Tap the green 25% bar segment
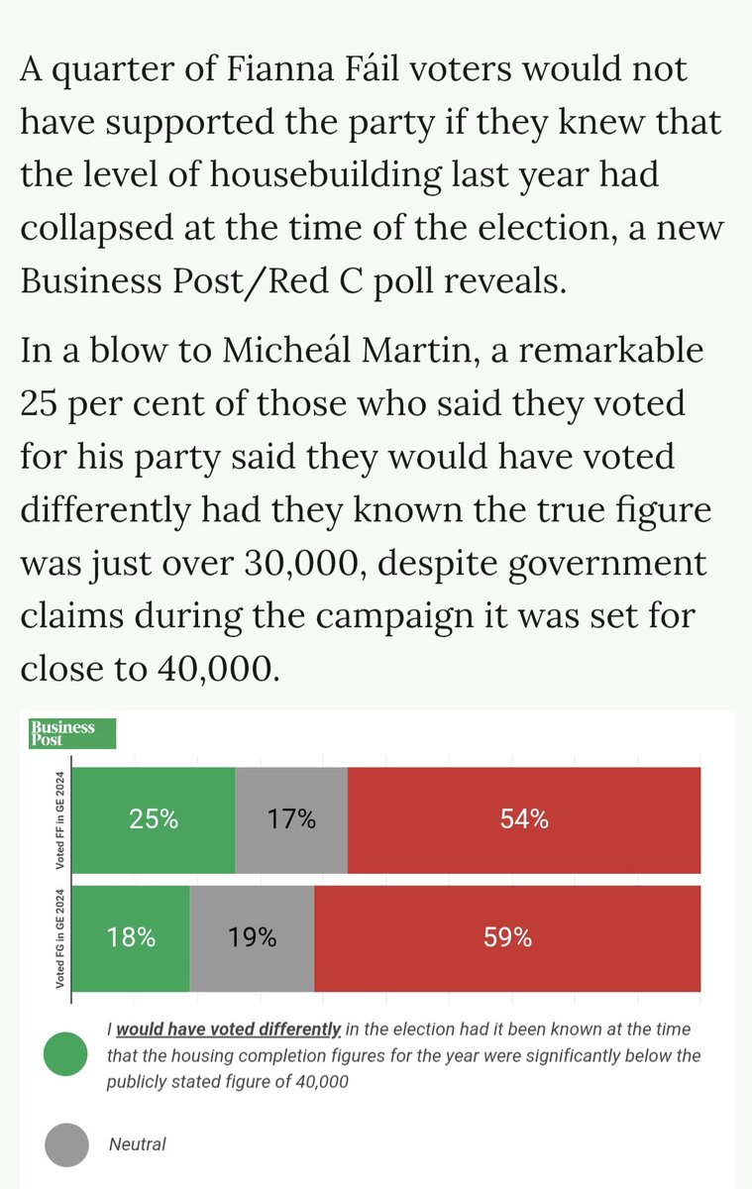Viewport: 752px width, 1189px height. point(156,819)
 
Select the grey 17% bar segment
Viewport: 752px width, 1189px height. point(291,819)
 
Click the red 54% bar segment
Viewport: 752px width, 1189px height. point(524,819)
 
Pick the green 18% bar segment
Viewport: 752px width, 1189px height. point(132,937)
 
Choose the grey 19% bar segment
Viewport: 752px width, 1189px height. point(252,937)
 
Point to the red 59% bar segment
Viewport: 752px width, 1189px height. point(507,937)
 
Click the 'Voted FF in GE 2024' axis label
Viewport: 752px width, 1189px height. point(60,819)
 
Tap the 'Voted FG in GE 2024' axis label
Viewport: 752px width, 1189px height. point(60,937)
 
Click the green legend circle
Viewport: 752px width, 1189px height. point(68,1054)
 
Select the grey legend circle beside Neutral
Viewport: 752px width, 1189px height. point(68,1144)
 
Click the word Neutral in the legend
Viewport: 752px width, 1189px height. point(137,1144)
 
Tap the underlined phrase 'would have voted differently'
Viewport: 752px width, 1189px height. point(229,1029)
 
